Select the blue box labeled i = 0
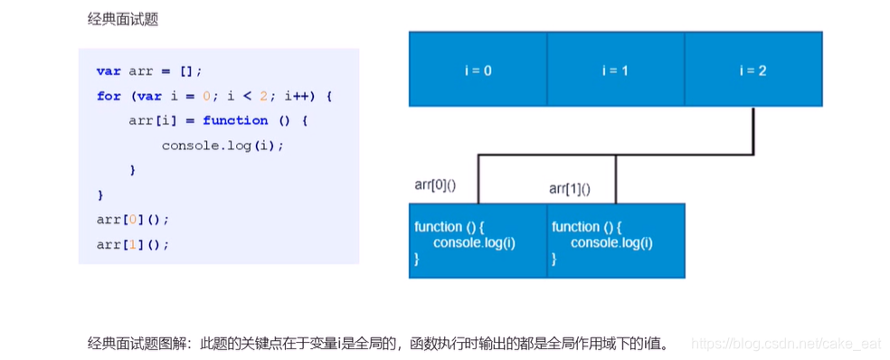(x=478, y=70)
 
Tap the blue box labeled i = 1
(x=615, y=70)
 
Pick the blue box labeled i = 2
(x=753, y=70)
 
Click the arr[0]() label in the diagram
(x=435, y=185)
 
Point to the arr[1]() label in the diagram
(x=571, y=188)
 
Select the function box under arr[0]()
(x=478, y=241)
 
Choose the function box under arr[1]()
(x=615, y=241)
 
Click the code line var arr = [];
(x=149, y=71)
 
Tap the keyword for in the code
(x=109, y=96)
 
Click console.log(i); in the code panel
(x=222, y=145)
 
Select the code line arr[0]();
(x=133, y=219)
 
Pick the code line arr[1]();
(x=133, y=244)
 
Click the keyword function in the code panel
(x=235, y=120)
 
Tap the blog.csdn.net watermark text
(x=785, y=344)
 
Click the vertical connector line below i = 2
(x=753, y=130)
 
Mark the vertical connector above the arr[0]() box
(x=478, y=178)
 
